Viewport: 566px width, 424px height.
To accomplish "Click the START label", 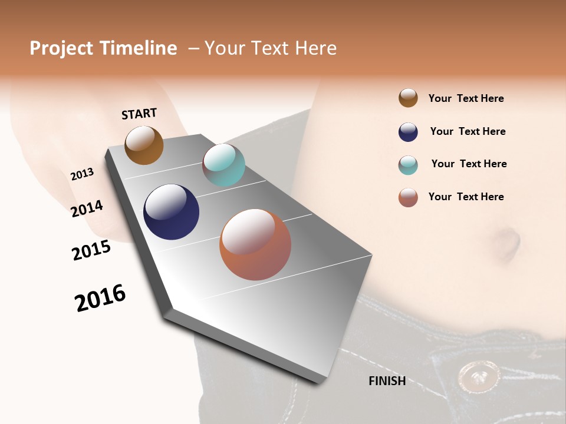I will (x=139, y=114).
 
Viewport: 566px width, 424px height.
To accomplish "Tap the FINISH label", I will (x=387, y=381).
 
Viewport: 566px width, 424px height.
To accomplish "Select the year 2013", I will (x=82, y=174).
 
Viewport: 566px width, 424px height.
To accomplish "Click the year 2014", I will (x=87, y=209).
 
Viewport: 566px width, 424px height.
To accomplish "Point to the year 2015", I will (x=91, y=250).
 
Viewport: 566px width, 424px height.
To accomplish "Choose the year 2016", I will (x=100, y=298).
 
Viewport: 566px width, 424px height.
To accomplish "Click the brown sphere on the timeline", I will (x=144, y=145).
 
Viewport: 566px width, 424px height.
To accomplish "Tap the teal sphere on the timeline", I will (x=223, y=165).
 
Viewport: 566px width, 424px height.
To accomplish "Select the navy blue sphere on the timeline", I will (x=171, y=212).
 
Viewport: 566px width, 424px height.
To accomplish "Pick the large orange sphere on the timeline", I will (x=255, y=244).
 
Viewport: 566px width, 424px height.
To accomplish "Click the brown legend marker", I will (x=408, y=98).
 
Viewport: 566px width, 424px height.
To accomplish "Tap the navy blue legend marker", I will (x=408, y=132).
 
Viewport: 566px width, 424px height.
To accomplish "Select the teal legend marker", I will (x=408, y=165).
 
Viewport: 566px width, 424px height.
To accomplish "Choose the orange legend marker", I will (x=408, y=197).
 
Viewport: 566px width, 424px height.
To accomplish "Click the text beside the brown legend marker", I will (x=466, y=98).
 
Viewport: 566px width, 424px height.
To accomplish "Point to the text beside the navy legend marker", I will (x=468, y=131).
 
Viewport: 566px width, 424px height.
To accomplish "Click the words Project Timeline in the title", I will (x=103, y=48).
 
